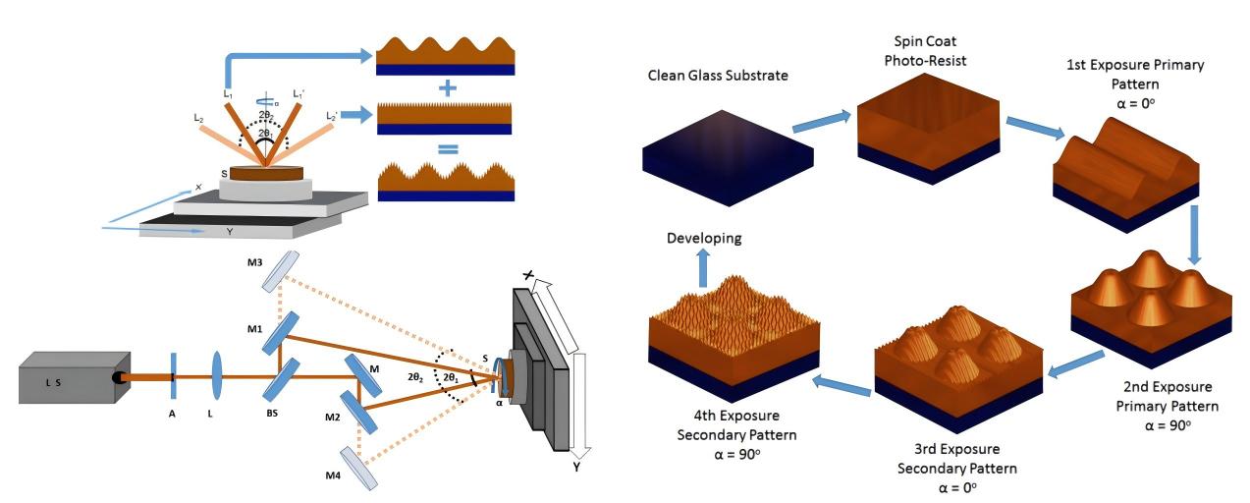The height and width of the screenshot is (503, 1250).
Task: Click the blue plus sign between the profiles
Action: click(448, 87)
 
